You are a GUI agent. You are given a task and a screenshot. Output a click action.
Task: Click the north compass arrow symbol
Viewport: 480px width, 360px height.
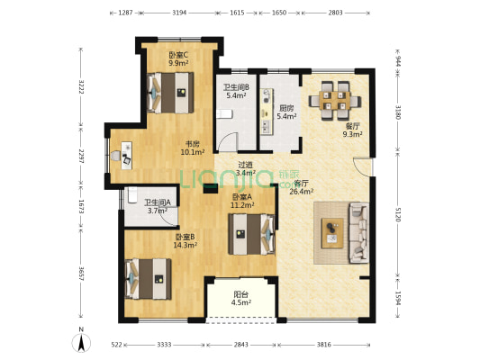[81, 343]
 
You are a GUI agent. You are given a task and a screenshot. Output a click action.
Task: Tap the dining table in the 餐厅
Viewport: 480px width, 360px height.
[335, 101]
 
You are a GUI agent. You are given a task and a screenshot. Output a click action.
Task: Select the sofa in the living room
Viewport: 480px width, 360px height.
[359, 232]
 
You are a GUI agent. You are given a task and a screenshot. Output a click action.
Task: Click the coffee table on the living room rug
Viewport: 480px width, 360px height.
[332, 233]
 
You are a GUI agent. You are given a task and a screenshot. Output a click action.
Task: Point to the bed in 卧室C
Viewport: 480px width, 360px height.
[170, 93]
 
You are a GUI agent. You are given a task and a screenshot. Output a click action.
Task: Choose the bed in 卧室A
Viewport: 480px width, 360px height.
[251, 234]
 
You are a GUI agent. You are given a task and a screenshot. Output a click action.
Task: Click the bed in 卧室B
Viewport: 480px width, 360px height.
[149, 279]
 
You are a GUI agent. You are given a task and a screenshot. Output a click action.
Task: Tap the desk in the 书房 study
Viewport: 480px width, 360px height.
[126, 156]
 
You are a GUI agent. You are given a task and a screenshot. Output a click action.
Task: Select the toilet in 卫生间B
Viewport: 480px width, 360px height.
[224, 114]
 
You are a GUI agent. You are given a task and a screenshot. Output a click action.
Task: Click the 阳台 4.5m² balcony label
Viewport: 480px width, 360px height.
[241, 299]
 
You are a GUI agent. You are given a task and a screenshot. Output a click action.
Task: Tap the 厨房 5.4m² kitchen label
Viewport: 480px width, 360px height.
[286, 112]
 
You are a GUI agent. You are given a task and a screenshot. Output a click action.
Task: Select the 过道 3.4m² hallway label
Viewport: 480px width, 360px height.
[246, 168]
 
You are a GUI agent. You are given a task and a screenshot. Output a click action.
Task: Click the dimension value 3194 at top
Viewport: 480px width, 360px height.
[179, 13]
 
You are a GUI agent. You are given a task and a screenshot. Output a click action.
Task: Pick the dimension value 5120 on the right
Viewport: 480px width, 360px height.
[398, 214]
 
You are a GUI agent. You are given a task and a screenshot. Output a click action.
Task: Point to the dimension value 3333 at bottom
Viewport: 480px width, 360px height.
[164, 345]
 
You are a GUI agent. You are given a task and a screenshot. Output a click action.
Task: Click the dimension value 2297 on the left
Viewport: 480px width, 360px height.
[81, 157]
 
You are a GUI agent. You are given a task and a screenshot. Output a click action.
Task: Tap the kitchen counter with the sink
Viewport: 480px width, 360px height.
[267, 111]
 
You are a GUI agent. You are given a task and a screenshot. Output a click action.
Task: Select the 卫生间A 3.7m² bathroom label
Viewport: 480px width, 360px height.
[158, 206]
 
